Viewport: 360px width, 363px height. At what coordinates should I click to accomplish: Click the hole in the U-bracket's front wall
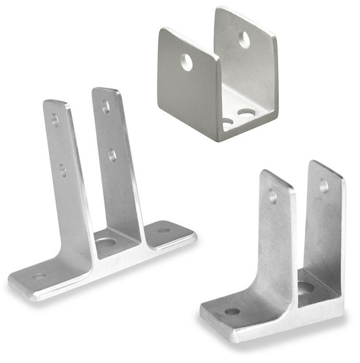[187, 62]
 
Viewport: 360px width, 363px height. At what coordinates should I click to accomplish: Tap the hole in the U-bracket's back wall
[244, 39]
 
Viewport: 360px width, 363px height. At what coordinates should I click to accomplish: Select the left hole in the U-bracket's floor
[228, 122]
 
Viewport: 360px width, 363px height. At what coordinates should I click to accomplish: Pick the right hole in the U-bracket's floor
[248, 114]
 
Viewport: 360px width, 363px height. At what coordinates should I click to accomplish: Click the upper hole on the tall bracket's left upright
[55, 120]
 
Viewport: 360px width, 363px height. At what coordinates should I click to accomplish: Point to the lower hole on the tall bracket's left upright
[62, 169]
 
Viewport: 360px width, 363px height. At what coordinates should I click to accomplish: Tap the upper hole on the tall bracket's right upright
[106, 106]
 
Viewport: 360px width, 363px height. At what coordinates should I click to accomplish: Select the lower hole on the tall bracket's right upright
[112, 154]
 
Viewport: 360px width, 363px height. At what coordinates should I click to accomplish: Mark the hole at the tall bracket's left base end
[39, 277]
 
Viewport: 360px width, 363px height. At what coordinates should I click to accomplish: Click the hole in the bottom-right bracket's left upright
[272, 196]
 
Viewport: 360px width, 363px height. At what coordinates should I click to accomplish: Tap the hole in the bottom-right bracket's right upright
[324, 186]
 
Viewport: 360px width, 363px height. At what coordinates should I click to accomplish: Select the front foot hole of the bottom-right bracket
[232, 311]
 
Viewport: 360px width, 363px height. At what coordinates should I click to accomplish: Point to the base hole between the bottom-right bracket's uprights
[305, 287]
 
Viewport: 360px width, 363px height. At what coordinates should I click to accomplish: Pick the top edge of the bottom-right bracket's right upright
[326, 168]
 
